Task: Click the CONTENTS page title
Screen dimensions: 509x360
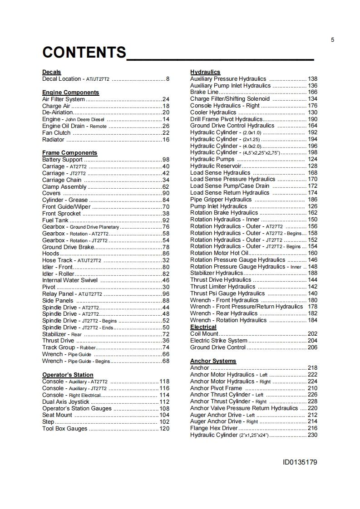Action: pyautogui.click(x=84, y=53)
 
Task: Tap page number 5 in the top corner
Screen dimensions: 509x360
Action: pyautogui.click(x=333, y=40)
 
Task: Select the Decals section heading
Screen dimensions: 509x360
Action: pyautogui.click(x=51, y=72)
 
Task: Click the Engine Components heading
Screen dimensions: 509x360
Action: pyautogui.click(x=70, y=93)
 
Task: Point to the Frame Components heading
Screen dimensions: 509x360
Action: pyautogui.click(x=69, y=153)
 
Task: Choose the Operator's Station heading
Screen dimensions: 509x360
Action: pyautogui.click(x=68, y=375)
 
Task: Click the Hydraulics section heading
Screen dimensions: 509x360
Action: pyautogui.click(x=205, y=72)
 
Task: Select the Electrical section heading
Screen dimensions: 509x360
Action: pyautogui.click(x=203, y=327)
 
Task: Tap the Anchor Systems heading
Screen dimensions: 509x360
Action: pyautogui.click(x=213, y=361)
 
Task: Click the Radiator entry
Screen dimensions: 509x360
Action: pyautogui.click(x=53, y=140)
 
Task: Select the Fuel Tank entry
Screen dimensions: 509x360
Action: pyautogui.click(x=55, y=220)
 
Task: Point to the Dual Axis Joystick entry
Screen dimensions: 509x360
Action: pyautogui.click(x=66, y=402)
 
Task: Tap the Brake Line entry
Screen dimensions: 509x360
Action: pyautogui.click(x=204, y=92)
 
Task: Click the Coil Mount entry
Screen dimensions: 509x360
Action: pyautogui.click(x=204, y=334)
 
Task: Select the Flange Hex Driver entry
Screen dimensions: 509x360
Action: pyautogui.click(x=214, y=428)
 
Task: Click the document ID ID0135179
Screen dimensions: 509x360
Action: pyautogui.click(x=300, y=463)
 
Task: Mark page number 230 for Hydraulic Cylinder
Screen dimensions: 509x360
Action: pyautogui.click(x=312, y=435)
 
